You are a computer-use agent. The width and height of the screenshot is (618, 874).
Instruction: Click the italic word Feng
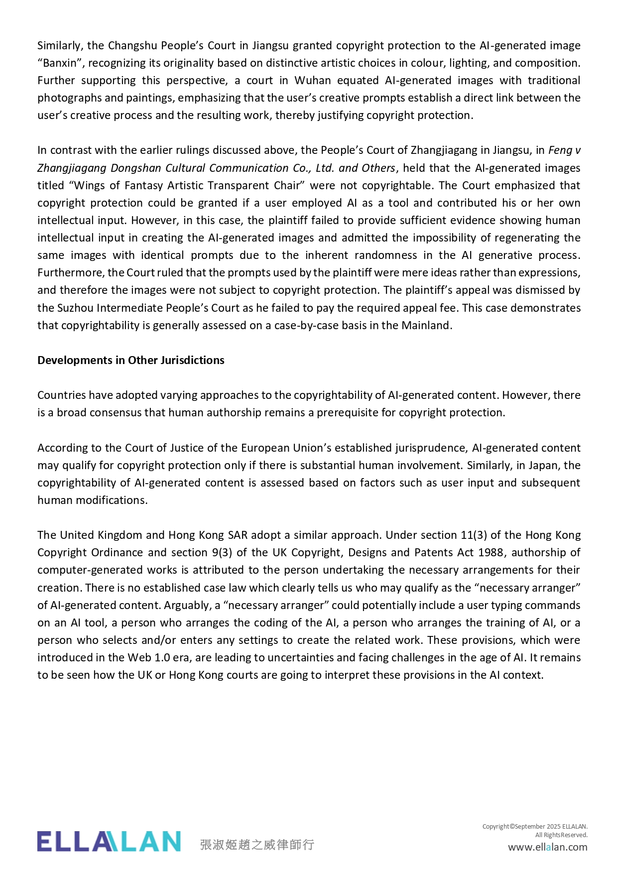560,150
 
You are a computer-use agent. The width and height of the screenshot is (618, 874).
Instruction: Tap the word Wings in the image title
90,186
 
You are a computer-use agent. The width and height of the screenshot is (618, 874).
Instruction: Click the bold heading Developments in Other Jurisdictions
130,360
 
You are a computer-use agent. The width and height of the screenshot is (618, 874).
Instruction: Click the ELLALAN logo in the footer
109,841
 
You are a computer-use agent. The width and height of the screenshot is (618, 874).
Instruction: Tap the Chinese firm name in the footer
257,845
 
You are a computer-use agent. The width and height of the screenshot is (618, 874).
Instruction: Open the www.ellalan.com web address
547,847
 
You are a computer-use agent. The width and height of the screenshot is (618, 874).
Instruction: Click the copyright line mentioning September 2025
535,827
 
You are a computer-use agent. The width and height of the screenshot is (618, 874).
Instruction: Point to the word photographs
70,98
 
